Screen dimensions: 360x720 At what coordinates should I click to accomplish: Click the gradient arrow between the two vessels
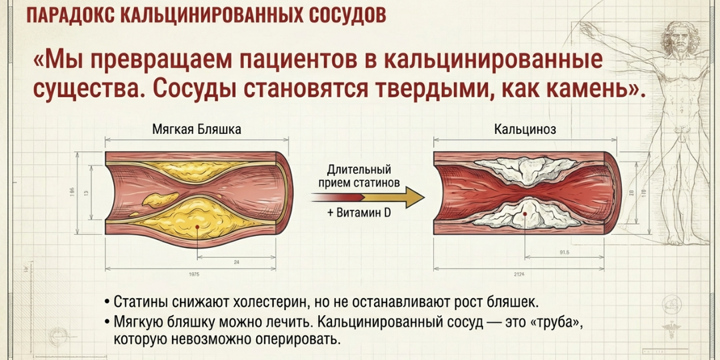tap(367, 197)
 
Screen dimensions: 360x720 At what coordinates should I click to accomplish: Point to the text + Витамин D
tap(359, 213)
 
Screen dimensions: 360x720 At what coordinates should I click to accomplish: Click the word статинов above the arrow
tap(376, 181)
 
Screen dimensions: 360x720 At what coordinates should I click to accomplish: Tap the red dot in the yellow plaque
tap(197, 227)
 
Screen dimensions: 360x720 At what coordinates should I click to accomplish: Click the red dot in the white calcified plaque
tap(525, 213)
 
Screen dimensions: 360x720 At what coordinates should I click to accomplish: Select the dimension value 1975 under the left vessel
tap(194, 274)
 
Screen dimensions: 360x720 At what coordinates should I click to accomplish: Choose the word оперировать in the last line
tap(294, 339)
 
